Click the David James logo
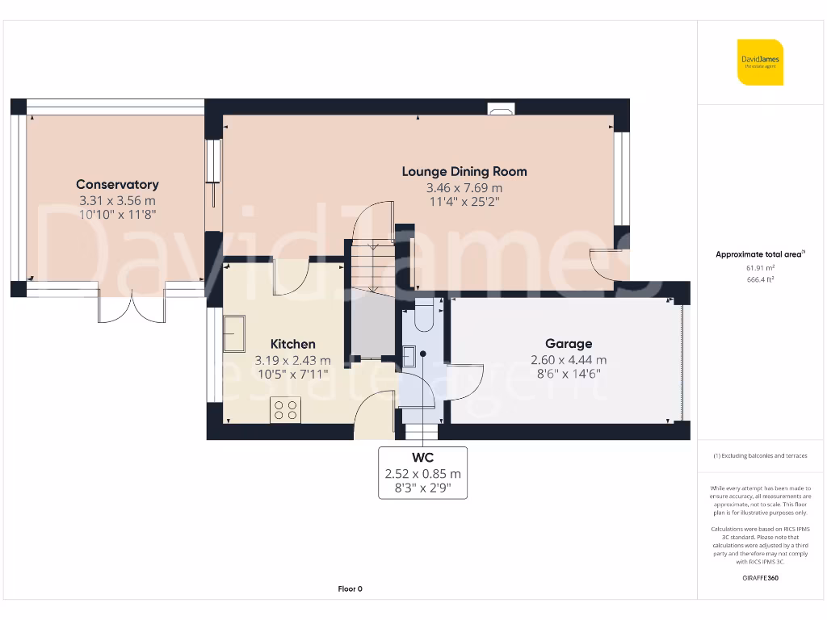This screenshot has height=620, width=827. (x=760, y=62)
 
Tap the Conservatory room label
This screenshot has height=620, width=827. (x=117, y=185)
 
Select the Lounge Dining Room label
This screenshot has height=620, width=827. (x=464, y=171)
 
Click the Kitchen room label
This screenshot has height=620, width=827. (x=292, y=344)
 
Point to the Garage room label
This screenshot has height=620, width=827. (x=569, y=344)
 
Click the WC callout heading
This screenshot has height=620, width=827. (x=422, y=458)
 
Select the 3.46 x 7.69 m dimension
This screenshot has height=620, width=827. (x=464, y=187)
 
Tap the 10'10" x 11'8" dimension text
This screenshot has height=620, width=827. (x=117, y=215)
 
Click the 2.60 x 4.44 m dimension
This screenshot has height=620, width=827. (x=569, y=360)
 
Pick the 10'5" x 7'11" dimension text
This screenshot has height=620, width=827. (x=292, y=375)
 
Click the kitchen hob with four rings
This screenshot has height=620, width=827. (x=285, y=410)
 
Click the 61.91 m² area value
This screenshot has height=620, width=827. (x=760, y=267)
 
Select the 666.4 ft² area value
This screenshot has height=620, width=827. (x=760, y=279)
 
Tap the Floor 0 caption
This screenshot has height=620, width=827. (x=350, y=589)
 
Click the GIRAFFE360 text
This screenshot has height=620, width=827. (x=760, y=578)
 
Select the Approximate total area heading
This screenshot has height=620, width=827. (x=760, y=254)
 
